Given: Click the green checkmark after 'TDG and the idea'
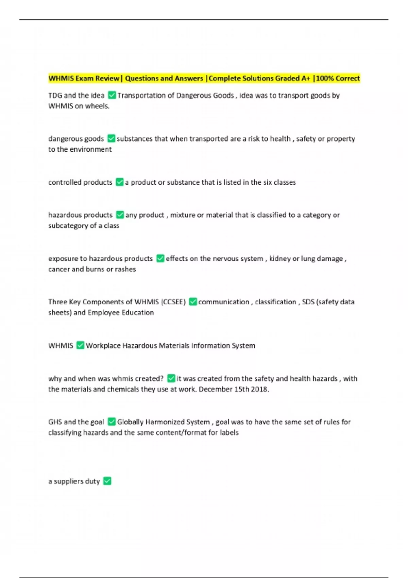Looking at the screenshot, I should [x=112, y=95].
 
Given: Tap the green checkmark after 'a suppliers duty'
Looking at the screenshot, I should [x=107, y=481].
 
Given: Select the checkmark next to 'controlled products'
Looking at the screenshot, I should [x=120, y=182].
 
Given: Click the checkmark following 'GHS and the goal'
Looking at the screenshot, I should [x=112, y=422].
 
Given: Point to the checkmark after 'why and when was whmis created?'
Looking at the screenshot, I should [x=171, y=378].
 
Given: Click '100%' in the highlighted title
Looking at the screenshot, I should [x=325, y=79].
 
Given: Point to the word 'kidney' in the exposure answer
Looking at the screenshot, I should [x=280, y=259].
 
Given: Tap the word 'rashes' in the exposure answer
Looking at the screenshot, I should [x=125, y=269].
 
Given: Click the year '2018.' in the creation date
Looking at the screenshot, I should [x=260, y=389].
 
